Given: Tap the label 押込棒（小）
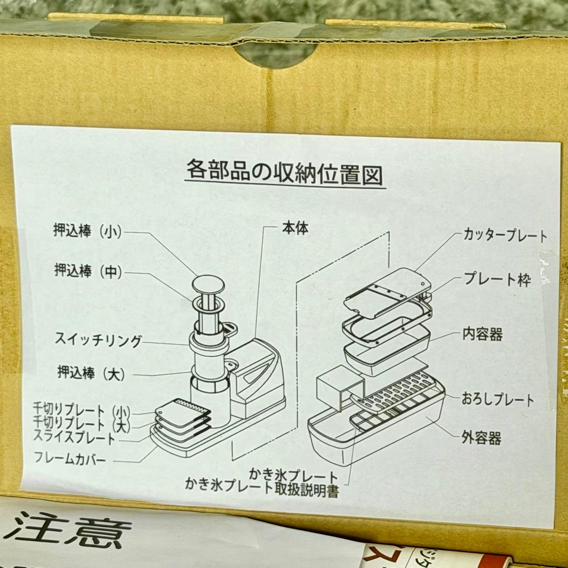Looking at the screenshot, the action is pyautogui.click(x=88, y=231).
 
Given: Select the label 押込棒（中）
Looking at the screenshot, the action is pyautogui.click(x=88, y=271).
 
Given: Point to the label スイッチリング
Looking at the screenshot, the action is pyautogui.click(x=98, y=340).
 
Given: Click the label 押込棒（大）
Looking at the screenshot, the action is pyautogui.click(x=92, y=373).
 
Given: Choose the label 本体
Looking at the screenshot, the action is pyautogui.click(x=295, y=228).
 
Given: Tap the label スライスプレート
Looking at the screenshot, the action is pyautogui.click(x=74, y=437).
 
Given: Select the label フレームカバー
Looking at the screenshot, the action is pyautogui.click(x=70, y=458).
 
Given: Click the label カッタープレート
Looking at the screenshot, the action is pyautogui.click(x=505, y=236).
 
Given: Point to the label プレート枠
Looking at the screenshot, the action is pyautogui.click(x=497, y=279).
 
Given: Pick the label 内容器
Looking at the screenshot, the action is pyautogui.click(x=482, y=334).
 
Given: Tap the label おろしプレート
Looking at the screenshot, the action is pyautogui.click(x=498, y=399).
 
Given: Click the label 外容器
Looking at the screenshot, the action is pyautogui.click(x=481, y=438).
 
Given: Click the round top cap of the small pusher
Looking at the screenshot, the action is pyautogui.click(x=208, y=286).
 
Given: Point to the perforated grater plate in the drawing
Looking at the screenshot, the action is pyautogui.click(x=396, y=392).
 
